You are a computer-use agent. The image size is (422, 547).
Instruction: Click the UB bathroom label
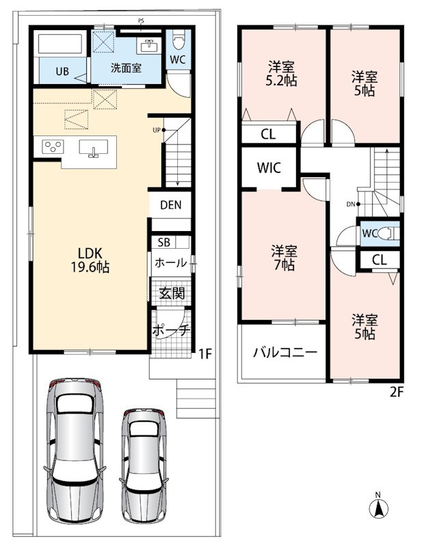click(62, 72)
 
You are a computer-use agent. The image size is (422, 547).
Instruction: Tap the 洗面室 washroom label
click(126, 68)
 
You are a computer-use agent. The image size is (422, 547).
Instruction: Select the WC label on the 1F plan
click(178, 59)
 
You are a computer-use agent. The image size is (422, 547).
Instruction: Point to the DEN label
click(171, 204)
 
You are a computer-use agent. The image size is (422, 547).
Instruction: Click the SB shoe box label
click(163, 243)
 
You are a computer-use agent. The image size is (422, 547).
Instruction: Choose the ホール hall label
click(171, 263)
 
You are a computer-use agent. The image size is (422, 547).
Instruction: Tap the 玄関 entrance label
click(172, 293)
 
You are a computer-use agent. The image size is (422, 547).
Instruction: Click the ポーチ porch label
click(171, 330)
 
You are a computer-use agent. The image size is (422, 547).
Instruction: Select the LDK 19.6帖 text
click(90, 260)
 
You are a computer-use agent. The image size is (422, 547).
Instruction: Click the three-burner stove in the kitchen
click(53, 146)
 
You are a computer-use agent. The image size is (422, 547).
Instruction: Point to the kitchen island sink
click(93, 148)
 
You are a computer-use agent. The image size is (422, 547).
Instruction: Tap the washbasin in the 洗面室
click(150, 46)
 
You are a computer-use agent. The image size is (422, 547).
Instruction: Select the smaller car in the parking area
click(144, 466)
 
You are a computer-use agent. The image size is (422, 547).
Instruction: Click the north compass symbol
click(378, 507)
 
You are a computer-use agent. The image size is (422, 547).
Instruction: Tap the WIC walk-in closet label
click(269, 168)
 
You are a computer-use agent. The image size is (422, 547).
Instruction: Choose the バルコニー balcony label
click(285, 352)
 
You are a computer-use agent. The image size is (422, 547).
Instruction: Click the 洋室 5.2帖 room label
click(281, 74)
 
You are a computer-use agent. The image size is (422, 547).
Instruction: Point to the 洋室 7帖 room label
click(284, 258)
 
